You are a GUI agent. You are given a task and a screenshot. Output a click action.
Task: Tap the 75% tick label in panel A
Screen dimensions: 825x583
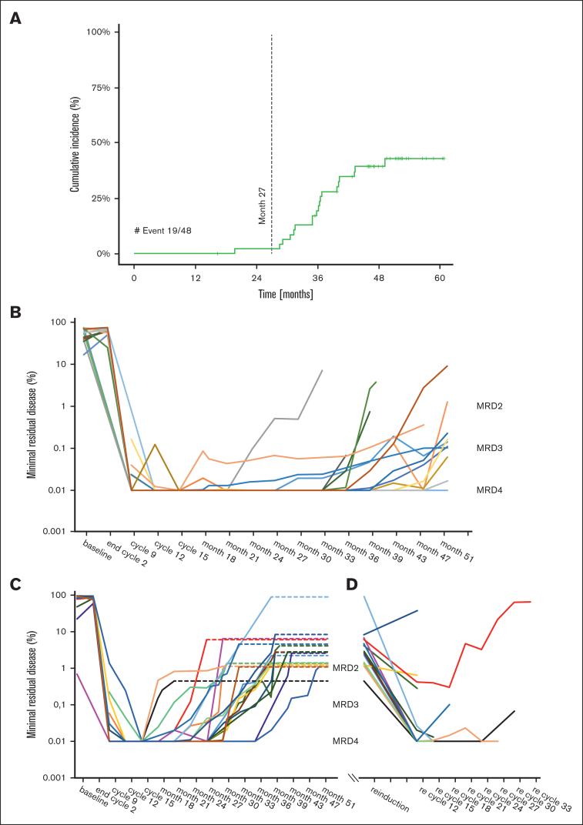coord(102,87)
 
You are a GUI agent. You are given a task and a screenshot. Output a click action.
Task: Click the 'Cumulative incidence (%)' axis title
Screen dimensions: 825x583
coord(75,142)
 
